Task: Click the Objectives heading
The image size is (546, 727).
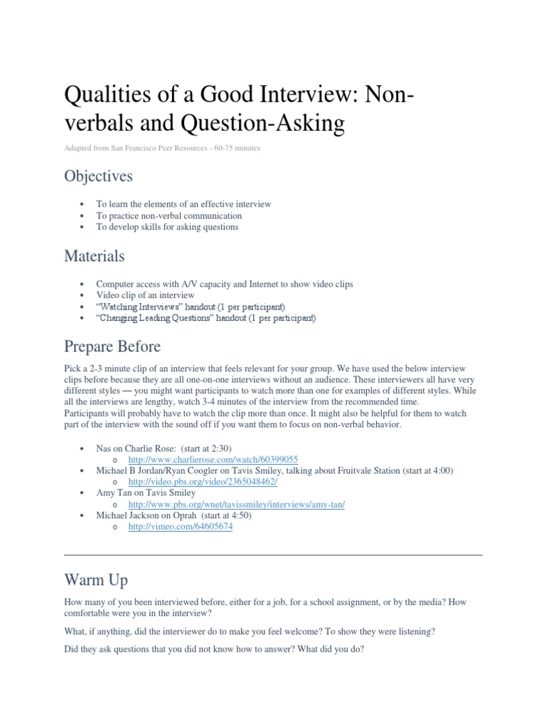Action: (98, 175)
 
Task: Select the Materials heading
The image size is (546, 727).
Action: (95, 255)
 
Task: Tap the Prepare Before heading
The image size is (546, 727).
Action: (112, 346)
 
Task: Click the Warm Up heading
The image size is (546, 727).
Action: (96, 580)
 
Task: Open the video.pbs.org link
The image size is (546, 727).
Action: (202, 481)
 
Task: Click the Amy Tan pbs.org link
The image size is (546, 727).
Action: (235, 504)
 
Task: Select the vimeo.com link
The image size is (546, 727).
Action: (181, 527)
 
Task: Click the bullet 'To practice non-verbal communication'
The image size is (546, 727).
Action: (169, 215)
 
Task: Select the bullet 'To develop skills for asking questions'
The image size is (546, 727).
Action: (167, 226)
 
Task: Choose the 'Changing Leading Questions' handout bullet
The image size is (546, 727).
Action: (205, 318)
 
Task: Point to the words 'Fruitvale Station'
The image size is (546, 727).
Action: (367, 470)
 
